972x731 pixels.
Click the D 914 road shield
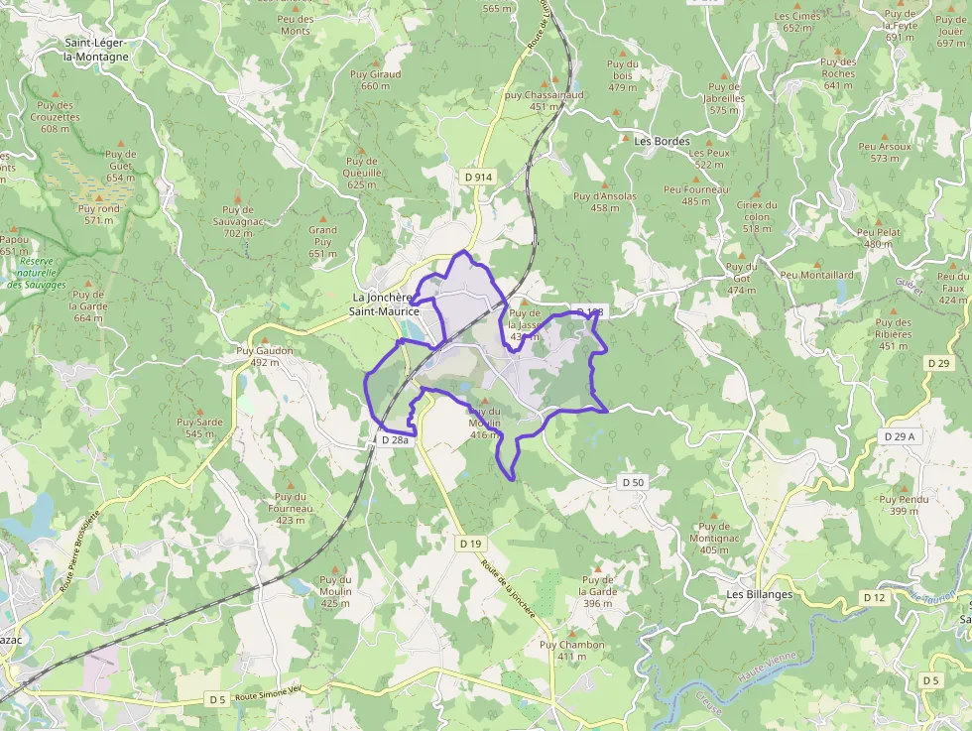(x=478, y=177)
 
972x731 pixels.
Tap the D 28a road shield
(x=395, y=439)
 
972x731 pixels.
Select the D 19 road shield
(x=470, y=544)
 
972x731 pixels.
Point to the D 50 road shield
(x=633, y=482)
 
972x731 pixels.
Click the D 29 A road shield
(x=899, y=436)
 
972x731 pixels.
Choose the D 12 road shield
(x=874, y=597)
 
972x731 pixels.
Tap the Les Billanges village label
(x=760, y=594)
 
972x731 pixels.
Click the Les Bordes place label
(x=662, y=141)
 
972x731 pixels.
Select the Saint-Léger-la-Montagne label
(x=96, y=50)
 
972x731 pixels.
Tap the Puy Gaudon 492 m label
(x=265, y=356)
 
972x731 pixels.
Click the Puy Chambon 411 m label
(x=571, y=650)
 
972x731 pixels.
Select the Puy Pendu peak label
(x=904, y=505)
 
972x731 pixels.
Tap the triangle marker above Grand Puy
(x=322, y=216)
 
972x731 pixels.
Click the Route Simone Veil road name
(x=268, y=697)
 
